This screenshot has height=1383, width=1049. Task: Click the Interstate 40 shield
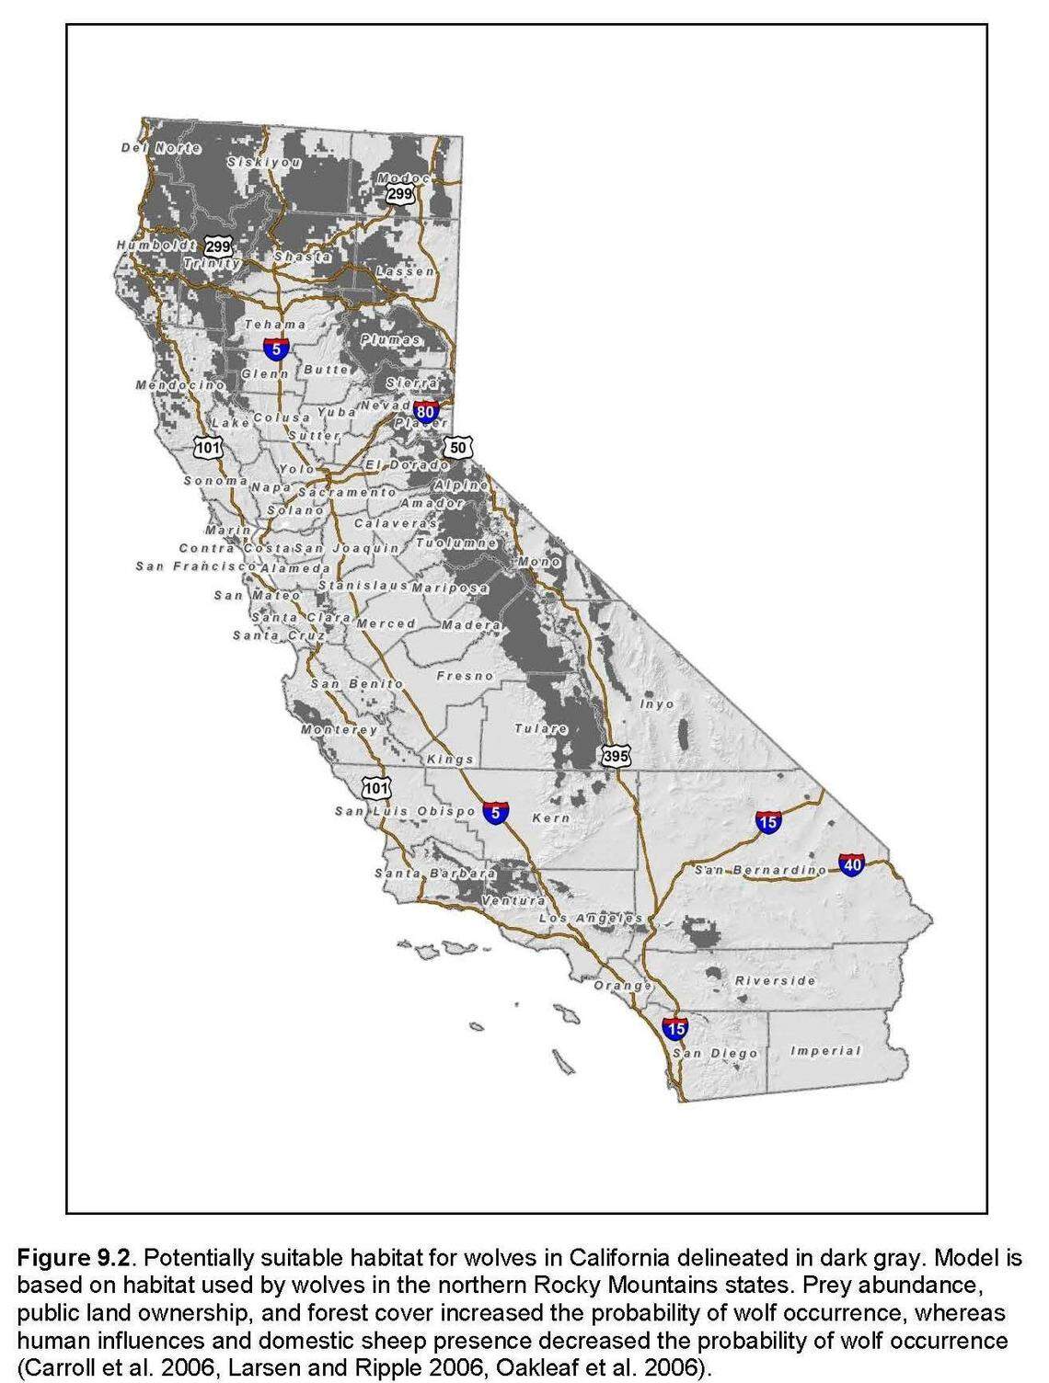[x=852, y=864]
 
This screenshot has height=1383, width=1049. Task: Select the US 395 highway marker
[x=616, y=756]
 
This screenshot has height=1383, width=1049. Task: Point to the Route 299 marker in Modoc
[x=399, y=194]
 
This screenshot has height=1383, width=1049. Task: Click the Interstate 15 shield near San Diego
[x=675, y=1027]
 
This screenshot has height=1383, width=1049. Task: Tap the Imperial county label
[x=825, y=1051]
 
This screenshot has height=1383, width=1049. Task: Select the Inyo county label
[x=657, y=703]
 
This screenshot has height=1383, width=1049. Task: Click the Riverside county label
[x=775, y=981]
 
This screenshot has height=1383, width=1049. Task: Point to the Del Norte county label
[x=161, y=148]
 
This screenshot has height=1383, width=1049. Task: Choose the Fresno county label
[x=465, y=676]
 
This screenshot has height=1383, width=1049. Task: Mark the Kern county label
[x=551, y=817]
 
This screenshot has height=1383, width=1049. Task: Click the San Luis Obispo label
[x=405, y=811]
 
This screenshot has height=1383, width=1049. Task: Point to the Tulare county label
[x=541, y=728]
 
